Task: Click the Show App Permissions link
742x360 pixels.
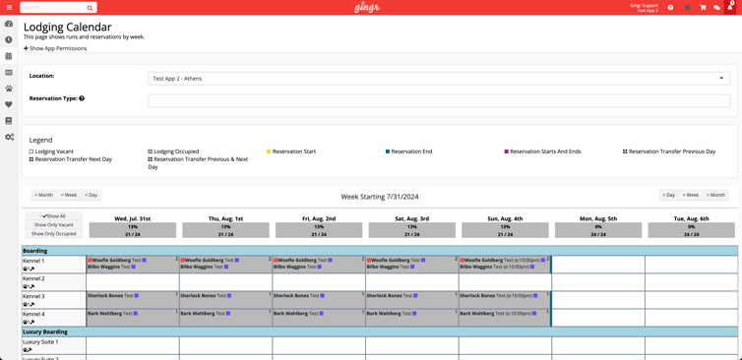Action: [x=56, y=48]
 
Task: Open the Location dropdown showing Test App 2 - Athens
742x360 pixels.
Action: [x=439, y=79]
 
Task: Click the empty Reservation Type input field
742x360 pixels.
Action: [x=439, y=100]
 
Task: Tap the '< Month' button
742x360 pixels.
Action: [x=43, y=195]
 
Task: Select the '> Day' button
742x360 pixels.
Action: [x=668, y=195]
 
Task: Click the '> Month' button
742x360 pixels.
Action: [x=715, y=195]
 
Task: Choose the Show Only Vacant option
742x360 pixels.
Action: [x=54, y=225]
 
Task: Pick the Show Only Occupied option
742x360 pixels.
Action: [x=54, y=234]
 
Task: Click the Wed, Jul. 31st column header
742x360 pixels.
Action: [x=133, y=218]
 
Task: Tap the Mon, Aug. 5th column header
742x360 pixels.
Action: [x=598, y=218]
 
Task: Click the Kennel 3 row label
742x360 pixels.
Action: [x=33, y=296]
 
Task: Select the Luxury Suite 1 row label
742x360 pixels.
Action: [x=40, y=342]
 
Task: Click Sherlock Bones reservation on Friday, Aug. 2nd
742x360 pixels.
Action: [x=295, y=295]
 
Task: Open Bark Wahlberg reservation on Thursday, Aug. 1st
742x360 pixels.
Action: [x=202, y=314]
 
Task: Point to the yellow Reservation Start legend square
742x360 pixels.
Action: [x=270, y=151]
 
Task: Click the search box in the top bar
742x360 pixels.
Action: [x=57, y=7]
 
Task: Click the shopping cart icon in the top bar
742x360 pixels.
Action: [x=703, y=8]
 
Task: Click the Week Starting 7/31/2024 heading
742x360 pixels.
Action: [x=379, y=196]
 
